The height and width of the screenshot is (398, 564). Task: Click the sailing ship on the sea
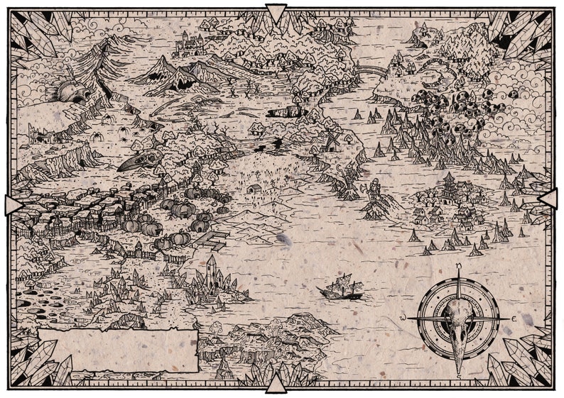[341, 287]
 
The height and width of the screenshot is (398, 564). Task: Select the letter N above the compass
[458, 267]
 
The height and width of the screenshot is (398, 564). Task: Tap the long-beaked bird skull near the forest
[139, 161]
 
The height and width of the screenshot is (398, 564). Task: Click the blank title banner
[117, 350]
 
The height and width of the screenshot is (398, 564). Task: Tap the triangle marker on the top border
[276, 13]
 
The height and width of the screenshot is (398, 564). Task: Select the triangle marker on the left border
[13, 205]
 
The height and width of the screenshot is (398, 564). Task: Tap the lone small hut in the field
[254, 189]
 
